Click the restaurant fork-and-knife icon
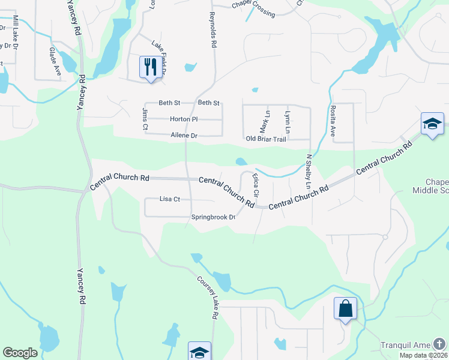coord(149,66)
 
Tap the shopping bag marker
coord(345,308)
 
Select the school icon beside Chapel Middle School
coord(432,124)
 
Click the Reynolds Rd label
coord(212,31)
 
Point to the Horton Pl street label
coord(184,119)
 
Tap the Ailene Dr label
coord(184,136)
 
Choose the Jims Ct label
coord(145,119)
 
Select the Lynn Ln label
coord(288,122)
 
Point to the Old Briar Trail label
coord(267,139)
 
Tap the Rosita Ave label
coord(333,122)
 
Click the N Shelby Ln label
coord(309,169)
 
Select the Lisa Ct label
coord(170,199)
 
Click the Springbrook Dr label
coord(213,217)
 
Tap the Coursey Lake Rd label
coord(208,297)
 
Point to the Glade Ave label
coord(55,62)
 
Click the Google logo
coord(20,353)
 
